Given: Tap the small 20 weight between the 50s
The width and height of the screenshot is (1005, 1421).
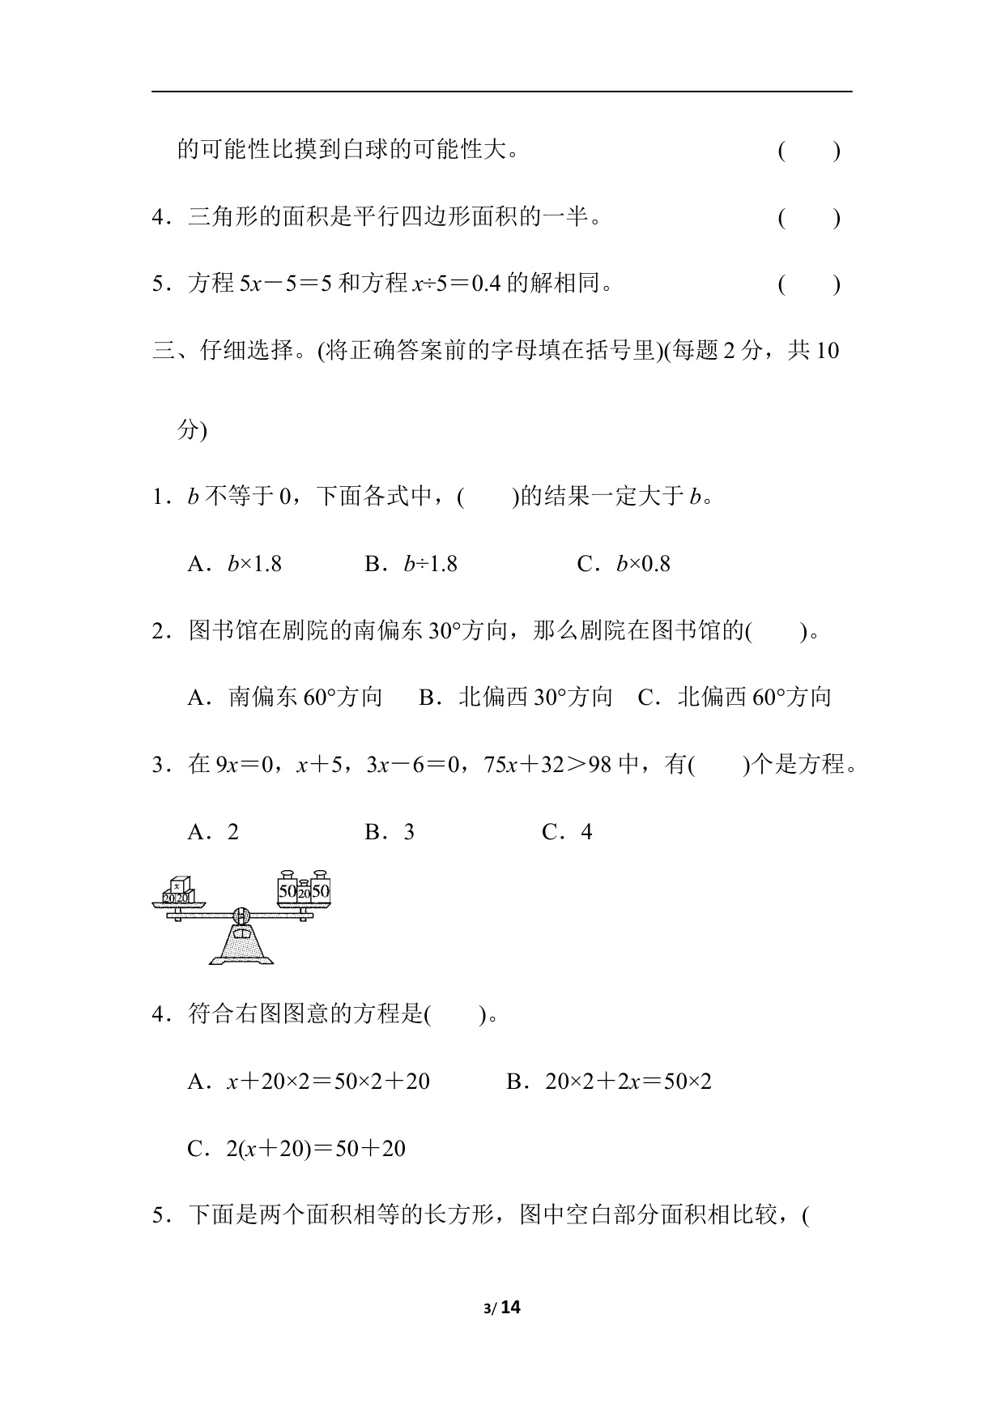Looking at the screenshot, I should click(304, 892).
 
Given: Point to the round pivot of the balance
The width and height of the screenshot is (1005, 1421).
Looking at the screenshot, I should click(241, 915).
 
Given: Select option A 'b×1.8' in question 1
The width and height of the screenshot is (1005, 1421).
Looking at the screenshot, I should click(235, 564).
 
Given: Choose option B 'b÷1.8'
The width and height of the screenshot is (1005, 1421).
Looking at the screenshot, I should click(411, 564).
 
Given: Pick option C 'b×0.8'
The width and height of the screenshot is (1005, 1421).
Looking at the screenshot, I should click(624, 564).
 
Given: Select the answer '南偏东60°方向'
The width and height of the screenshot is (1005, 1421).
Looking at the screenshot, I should click(285, 698).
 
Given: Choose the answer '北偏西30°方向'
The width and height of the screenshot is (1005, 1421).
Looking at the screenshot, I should click(516, 698).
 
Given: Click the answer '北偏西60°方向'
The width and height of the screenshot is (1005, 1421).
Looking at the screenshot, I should click(735, 698).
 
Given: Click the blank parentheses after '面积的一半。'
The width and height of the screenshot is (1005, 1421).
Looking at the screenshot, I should click(808, 218).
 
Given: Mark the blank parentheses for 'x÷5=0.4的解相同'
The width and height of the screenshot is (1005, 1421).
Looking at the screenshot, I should click(808, 284).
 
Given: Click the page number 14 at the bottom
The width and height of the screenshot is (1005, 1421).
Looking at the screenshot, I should click(510, 1307).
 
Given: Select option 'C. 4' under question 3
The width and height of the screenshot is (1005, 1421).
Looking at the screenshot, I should click(568, 832).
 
